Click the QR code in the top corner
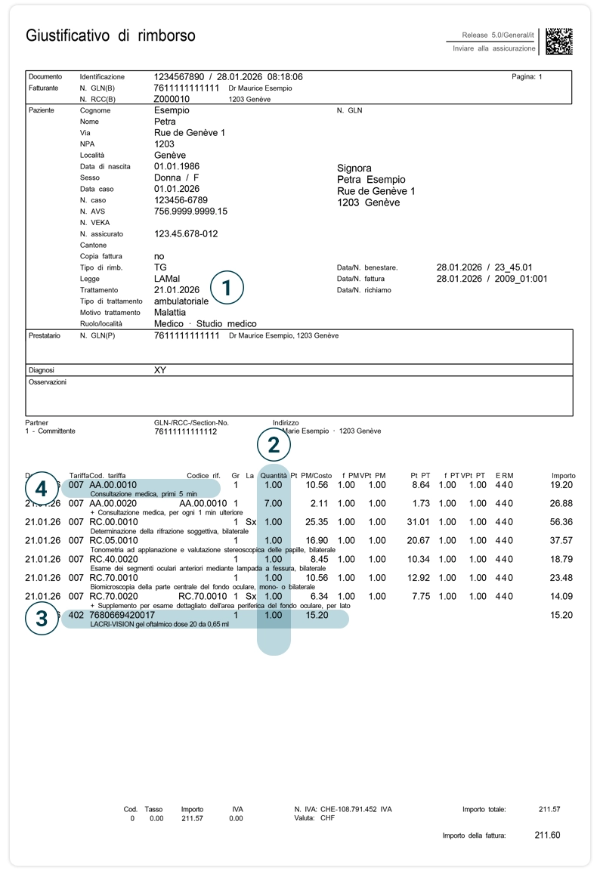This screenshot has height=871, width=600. [x=559, y=42]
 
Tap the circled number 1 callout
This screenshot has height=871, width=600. [x=227, y=288]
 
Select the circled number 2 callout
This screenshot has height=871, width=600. [x=274, y=445]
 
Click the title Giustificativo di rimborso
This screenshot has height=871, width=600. [x=110, y=36]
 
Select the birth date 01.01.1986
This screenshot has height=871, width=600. [x=178, y=166]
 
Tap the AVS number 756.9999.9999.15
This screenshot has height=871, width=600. [x=190, y=212]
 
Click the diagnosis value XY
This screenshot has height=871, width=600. [x=159, y=370]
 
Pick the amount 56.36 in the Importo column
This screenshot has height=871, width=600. [x=561, y=522]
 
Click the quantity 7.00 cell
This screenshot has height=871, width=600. [x=273, y=503]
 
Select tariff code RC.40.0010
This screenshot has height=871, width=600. [x=113, y=559]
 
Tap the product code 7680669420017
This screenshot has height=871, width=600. [x=122, y=615]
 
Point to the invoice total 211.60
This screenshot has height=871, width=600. [x=547, y=835]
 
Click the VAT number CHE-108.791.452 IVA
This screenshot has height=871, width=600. [x=343, y=809]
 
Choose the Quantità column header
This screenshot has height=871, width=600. [x=274, y=475]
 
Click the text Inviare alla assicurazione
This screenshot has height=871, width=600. [x=493, y=48]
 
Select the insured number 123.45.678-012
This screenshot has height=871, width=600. [x=185, y=234]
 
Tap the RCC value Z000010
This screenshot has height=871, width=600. [x=172, y=99]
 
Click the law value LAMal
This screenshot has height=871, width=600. [x=167, y=279]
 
